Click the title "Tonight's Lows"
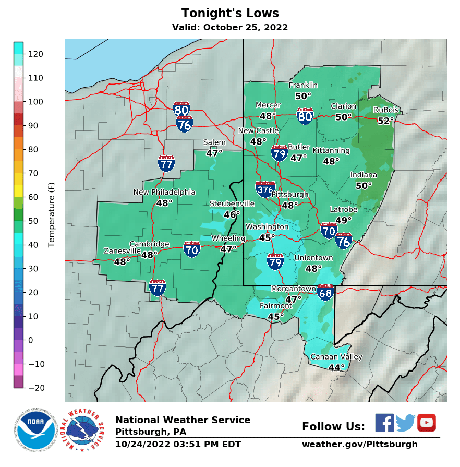pos(230,14)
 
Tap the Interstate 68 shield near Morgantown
pos(325,292)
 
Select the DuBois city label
pos(386,110)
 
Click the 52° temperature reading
pos(386,121)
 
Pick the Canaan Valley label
pos(336,357)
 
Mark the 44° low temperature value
pos(336,368)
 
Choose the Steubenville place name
pos(232,203)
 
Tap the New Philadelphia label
pos(164,192)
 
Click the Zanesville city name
pos(122,251)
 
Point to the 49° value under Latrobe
pos(344,220)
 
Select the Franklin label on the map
pos(303,86)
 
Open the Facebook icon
pos(384,423)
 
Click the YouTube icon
pos(426,423)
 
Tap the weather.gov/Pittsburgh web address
pos(360,445)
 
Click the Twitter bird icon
pos(405,423)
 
